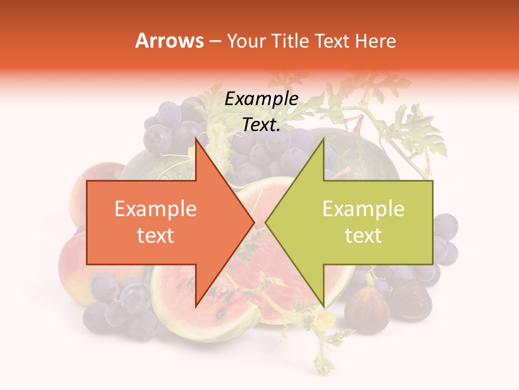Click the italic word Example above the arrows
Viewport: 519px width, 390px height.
[261, 99]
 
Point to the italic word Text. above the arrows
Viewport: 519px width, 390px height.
[261, 125]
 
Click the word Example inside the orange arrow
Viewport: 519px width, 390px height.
[156, 209]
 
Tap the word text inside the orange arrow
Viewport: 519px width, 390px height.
[156, 236]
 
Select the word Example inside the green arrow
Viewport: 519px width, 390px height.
[363, 209]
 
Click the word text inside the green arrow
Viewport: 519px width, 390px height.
[363, 236]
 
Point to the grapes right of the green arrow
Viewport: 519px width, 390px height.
[444, 238]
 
